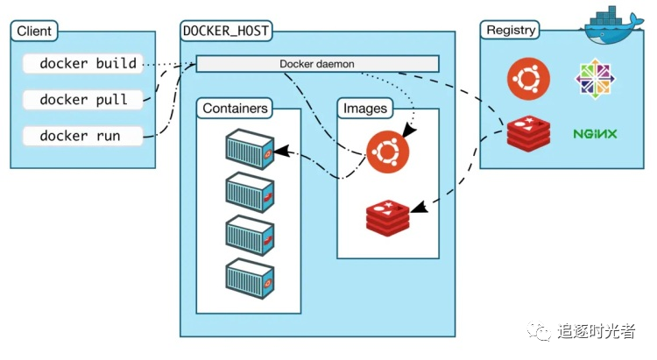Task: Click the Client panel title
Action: pos(34,32)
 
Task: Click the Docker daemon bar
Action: pos(316,64)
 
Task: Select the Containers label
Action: pos(236,109)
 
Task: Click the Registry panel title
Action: pos(511,30)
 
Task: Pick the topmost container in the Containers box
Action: pos(251,148)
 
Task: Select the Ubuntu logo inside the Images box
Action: pos(387,151)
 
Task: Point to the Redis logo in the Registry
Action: pos(528,134)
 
